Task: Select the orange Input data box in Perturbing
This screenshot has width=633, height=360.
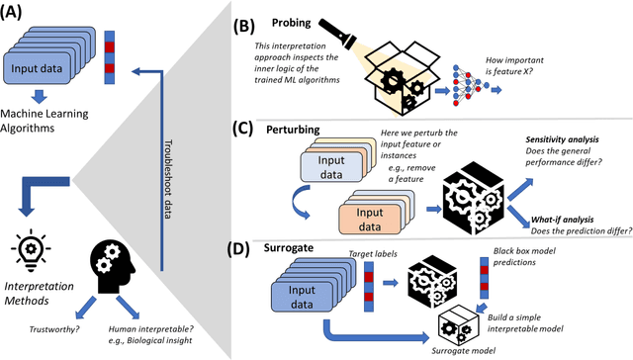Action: pos(373,218)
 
